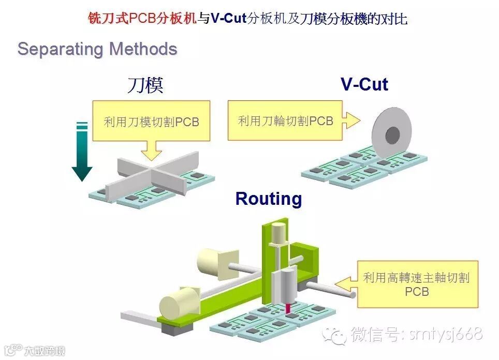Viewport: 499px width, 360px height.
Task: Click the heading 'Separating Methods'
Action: [97, 49]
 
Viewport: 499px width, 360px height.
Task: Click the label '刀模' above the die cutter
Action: [145, 85]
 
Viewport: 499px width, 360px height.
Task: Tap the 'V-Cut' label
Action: [364, 84]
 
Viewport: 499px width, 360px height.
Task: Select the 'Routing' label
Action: [268, 199]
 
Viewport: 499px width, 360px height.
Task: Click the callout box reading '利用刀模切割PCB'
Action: [151, 122]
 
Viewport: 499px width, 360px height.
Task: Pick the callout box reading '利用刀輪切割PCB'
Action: [285, 121]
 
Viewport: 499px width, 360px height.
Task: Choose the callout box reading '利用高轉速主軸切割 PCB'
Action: [417, 284]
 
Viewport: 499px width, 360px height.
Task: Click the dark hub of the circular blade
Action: [393, 135]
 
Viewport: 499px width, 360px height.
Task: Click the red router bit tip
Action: [288, 309]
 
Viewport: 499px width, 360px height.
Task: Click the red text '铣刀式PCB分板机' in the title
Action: [141, 19]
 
